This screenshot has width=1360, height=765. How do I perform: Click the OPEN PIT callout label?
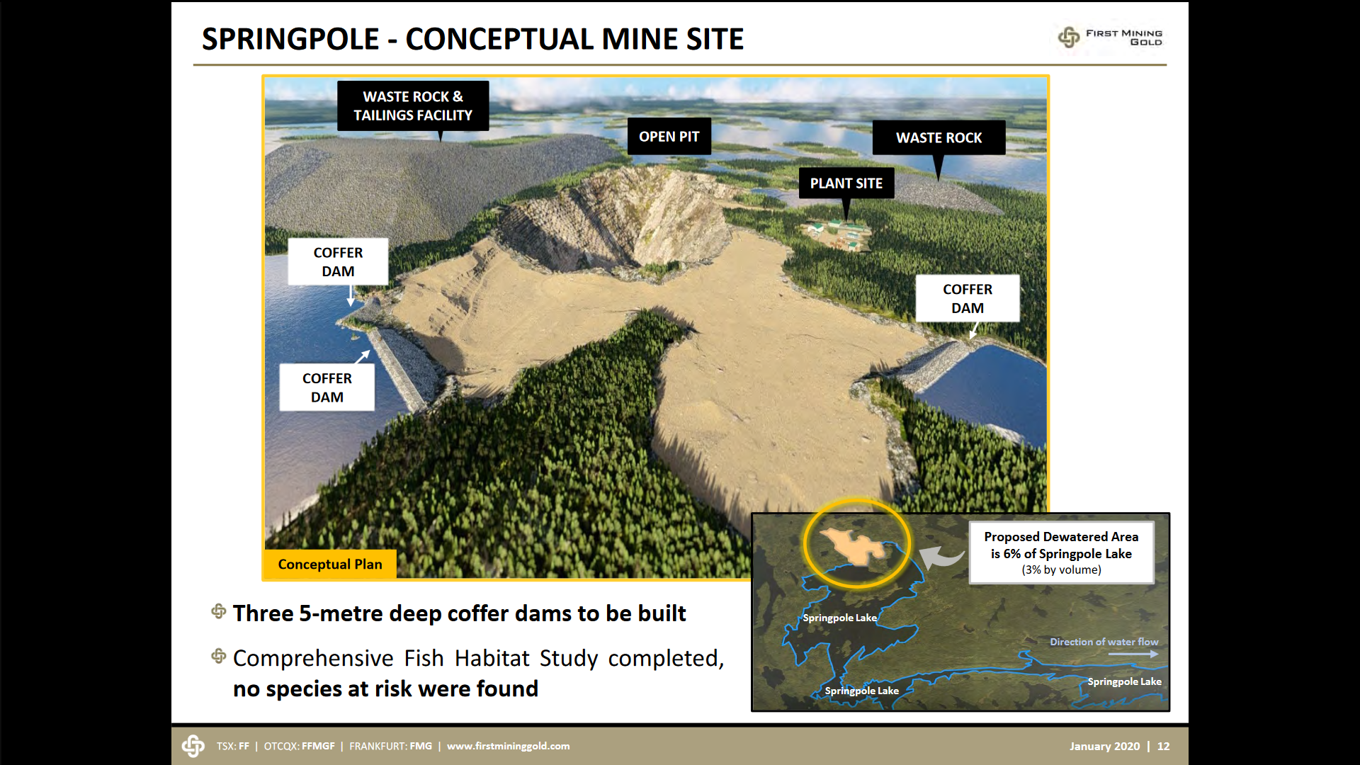click(x=669, y=136)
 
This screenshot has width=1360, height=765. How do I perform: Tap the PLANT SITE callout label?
click(x=846, y=183)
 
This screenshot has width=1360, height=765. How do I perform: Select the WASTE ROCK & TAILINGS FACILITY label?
click(x=413, y=106)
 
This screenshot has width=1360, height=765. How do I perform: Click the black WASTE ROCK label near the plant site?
click(x=939, y=137)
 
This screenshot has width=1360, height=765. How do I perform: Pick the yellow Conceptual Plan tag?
click(x=330, y=564)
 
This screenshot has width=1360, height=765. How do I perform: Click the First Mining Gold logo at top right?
click(x=1110, y=37)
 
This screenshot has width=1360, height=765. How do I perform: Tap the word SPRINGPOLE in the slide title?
click(x=290, y=39)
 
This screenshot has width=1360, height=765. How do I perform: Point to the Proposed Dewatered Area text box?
click(x=1061, y=552)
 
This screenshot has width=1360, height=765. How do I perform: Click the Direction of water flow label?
click(x=1104, y=642)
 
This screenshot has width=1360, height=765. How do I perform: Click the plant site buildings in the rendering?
click(x=839, y=234)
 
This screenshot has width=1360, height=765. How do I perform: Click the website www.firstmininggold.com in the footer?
click(x=508, y=746)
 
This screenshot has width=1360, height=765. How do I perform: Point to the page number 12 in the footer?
click(x=1163, y=746)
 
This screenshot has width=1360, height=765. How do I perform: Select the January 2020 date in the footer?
click(x=1104, y=746)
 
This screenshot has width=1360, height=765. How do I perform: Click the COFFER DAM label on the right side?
click(x=968, y=298)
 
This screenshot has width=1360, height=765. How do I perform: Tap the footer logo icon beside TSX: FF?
click(x=193, y=746)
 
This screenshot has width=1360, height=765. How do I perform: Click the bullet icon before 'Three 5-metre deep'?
click(x=219, y=611)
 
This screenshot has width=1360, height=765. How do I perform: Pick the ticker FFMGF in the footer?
click(x=318, y=746)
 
